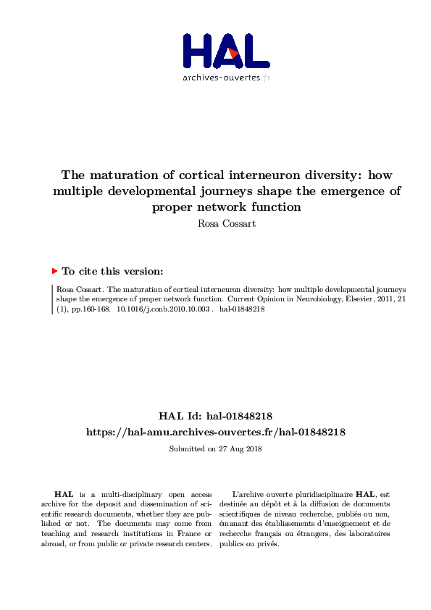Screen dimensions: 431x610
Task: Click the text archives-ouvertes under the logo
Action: [221, 78]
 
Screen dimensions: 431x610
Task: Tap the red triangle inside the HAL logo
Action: [233, 54]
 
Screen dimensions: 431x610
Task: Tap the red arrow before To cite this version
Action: [54, 271]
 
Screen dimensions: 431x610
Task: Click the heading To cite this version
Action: [112, 271]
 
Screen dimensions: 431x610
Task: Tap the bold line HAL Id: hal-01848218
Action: [215, 417]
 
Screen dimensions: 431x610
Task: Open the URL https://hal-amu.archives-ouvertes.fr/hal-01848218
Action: [215, 432]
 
